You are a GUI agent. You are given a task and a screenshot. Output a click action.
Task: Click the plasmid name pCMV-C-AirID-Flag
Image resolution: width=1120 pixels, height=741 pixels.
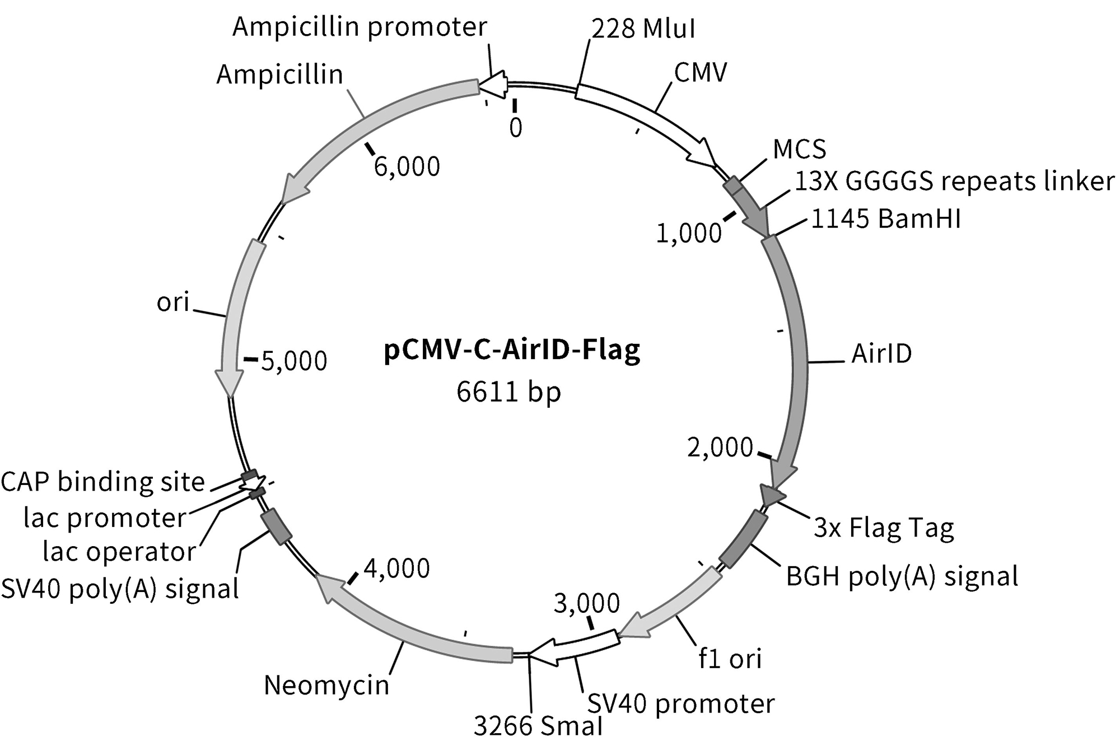click(512, 351)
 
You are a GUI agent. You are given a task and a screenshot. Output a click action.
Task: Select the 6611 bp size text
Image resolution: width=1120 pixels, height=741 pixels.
click(508, 391)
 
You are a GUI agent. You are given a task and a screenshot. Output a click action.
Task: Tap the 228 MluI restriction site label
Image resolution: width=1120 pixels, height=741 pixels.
click(643, 28)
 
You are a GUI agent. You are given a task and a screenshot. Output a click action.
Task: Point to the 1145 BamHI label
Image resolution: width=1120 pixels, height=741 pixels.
click(886, 218)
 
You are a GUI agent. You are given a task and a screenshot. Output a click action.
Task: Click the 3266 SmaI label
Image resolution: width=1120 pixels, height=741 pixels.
click(538, 726)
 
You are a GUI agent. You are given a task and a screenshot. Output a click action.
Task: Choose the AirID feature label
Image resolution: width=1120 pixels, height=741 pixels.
click(881, 353)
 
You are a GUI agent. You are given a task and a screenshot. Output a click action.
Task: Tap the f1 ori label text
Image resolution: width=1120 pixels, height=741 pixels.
click(730, 659)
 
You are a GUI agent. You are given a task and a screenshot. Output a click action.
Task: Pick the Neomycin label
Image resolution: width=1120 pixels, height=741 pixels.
click(326, 685)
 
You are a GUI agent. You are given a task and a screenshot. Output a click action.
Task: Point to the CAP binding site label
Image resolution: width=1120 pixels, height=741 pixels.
click(103, 482)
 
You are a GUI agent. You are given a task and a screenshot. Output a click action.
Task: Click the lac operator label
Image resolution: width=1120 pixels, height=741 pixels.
click(119, 552)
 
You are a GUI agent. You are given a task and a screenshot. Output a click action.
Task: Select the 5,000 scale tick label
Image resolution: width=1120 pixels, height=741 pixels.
click(294, 361)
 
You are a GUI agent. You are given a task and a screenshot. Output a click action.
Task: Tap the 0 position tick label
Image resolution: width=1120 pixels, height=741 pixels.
click(516, 128)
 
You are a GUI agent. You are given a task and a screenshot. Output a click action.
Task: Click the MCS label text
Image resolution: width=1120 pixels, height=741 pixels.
click(799, 149)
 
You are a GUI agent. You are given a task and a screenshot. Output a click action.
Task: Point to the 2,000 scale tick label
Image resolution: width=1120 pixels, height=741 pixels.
click(720, 448)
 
